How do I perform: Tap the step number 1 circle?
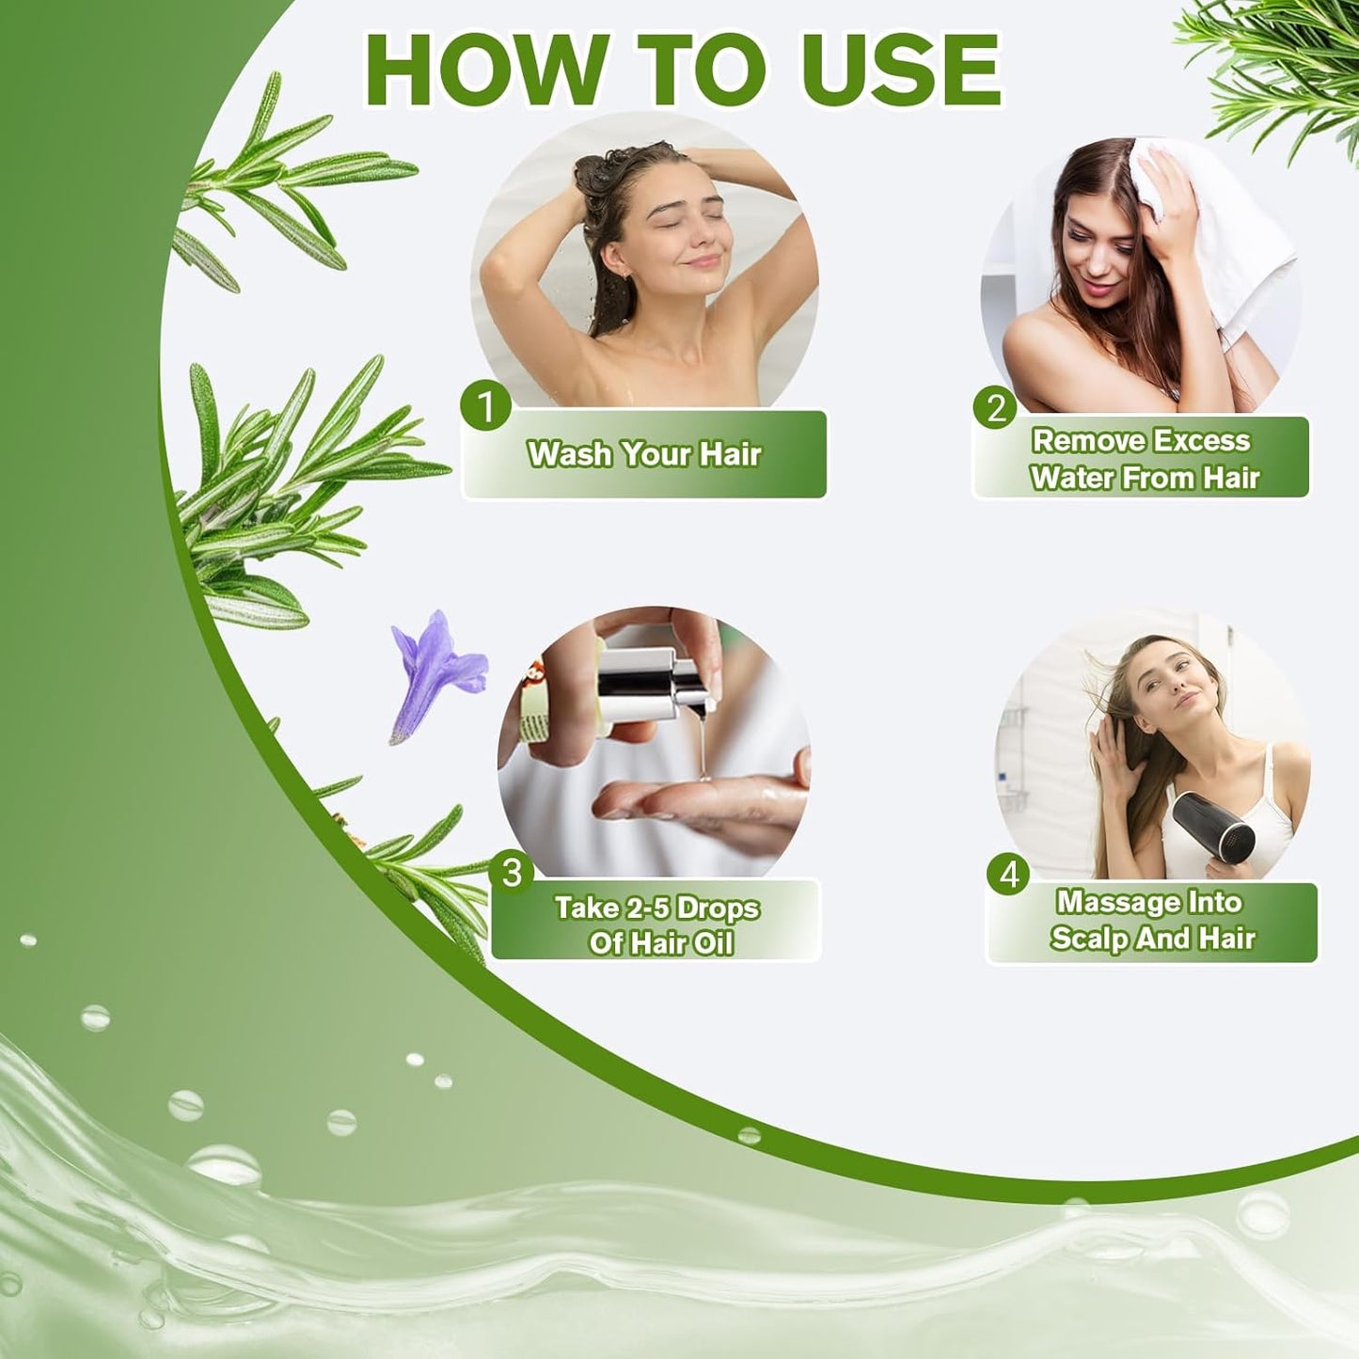[485, 406]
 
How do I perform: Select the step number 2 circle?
[996, 408]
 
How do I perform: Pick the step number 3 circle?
[512, 872]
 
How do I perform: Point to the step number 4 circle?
[1009, 874]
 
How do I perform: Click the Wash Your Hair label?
[644, 454]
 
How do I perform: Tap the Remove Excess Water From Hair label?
[1142, 458]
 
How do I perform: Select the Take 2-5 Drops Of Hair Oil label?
[656, 924]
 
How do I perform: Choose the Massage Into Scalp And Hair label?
[1152, 921]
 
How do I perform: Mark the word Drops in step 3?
[718, 908]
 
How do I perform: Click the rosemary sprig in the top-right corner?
[1279, 66]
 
